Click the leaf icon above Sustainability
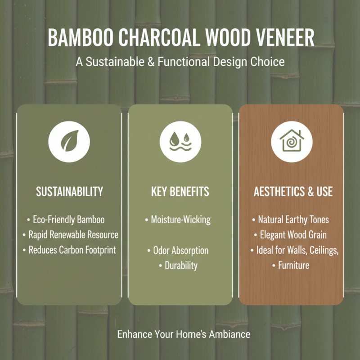(69, 142)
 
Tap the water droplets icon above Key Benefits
(180, 142)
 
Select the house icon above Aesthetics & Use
(291, 142)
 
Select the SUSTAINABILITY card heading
(69, 191)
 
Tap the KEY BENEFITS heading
(180, 191)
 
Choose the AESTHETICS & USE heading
(293, 191)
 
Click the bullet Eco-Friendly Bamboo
(68, 220)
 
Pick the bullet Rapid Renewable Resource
(73, 235)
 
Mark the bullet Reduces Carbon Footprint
(72, 250)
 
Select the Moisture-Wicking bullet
(180, 220)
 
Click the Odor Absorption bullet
(180, 250)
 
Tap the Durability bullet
(180, 265)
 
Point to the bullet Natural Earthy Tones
(293, 220)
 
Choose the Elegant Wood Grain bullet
(293, 235)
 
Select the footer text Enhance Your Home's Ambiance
(184, 335)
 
